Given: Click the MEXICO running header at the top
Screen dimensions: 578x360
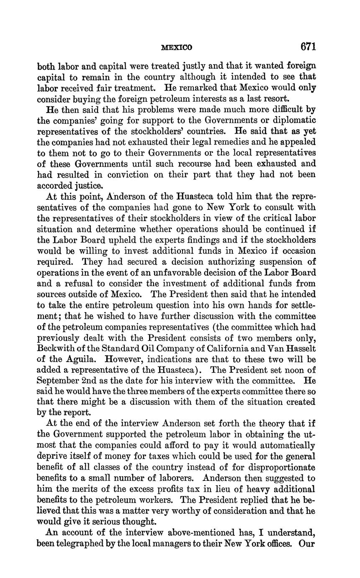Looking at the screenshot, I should click(x=177, y=48).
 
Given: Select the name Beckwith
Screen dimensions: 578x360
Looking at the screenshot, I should click(x=54, y=348).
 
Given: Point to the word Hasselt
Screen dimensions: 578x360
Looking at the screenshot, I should click(x=300, y=348).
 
